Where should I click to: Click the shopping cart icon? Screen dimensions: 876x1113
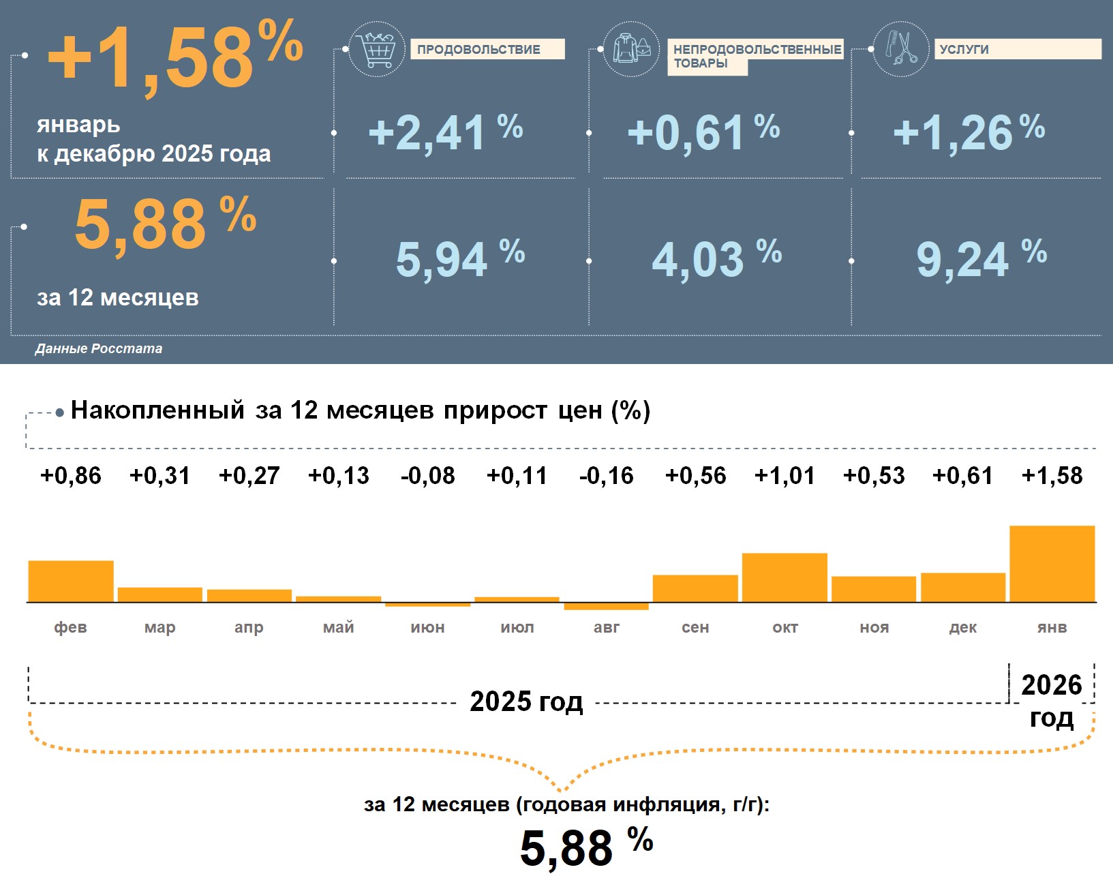coord(377,49)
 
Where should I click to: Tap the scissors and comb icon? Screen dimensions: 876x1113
coord(900,48)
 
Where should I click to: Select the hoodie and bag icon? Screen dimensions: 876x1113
coord(631,49)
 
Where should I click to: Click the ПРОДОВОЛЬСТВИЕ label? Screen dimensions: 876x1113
coord(487,49)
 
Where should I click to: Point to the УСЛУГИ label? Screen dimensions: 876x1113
coord(1017,49)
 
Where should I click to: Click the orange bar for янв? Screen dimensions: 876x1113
coord(1052,564)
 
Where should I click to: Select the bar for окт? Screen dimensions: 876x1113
coord(784,577)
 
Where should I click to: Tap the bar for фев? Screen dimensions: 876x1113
coord(71,581)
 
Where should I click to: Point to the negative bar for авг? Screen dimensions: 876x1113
coord(607,606)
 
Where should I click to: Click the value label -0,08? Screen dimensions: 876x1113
coord(428,475)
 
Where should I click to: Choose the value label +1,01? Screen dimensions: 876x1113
coord(784,475)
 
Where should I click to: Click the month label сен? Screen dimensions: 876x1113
coord(695,627)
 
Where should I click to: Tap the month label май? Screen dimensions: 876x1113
coord(339,627)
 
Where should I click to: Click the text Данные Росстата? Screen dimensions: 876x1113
coord(99,348)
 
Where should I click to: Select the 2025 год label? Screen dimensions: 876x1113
coord(526,701)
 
